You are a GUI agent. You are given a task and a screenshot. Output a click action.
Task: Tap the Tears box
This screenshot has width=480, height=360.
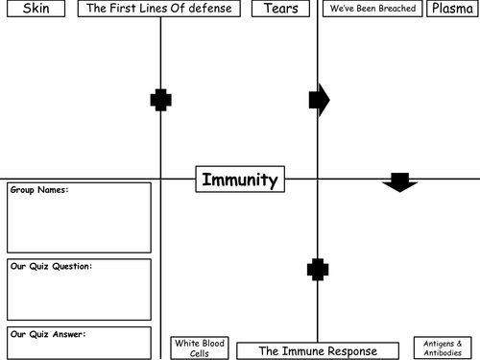tap(281, 10)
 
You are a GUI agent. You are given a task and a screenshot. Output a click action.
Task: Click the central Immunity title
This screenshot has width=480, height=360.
tap(240, 180)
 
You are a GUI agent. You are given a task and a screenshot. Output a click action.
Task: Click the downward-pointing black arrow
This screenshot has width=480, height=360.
tap(399, 181)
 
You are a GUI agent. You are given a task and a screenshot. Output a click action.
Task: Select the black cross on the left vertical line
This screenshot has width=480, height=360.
tap(161, 99)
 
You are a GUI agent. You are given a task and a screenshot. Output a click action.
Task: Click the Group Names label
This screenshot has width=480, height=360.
tap(39, 190)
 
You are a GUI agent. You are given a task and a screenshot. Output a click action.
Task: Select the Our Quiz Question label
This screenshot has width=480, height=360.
tap(50, 266)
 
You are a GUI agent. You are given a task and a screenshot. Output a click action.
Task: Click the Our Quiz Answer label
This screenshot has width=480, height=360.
tap(48, 334)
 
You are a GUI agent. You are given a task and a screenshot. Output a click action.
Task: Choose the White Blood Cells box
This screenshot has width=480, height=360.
tap(199, 348)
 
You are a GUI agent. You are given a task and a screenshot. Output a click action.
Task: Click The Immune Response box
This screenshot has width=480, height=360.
tap(318, 350)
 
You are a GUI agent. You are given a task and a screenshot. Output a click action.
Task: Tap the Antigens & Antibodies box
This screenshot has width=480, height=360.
tap(443, 347)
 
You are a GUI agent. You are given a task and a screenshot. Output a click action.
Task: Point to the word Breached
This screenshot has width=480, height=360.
tap(396, 10)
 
